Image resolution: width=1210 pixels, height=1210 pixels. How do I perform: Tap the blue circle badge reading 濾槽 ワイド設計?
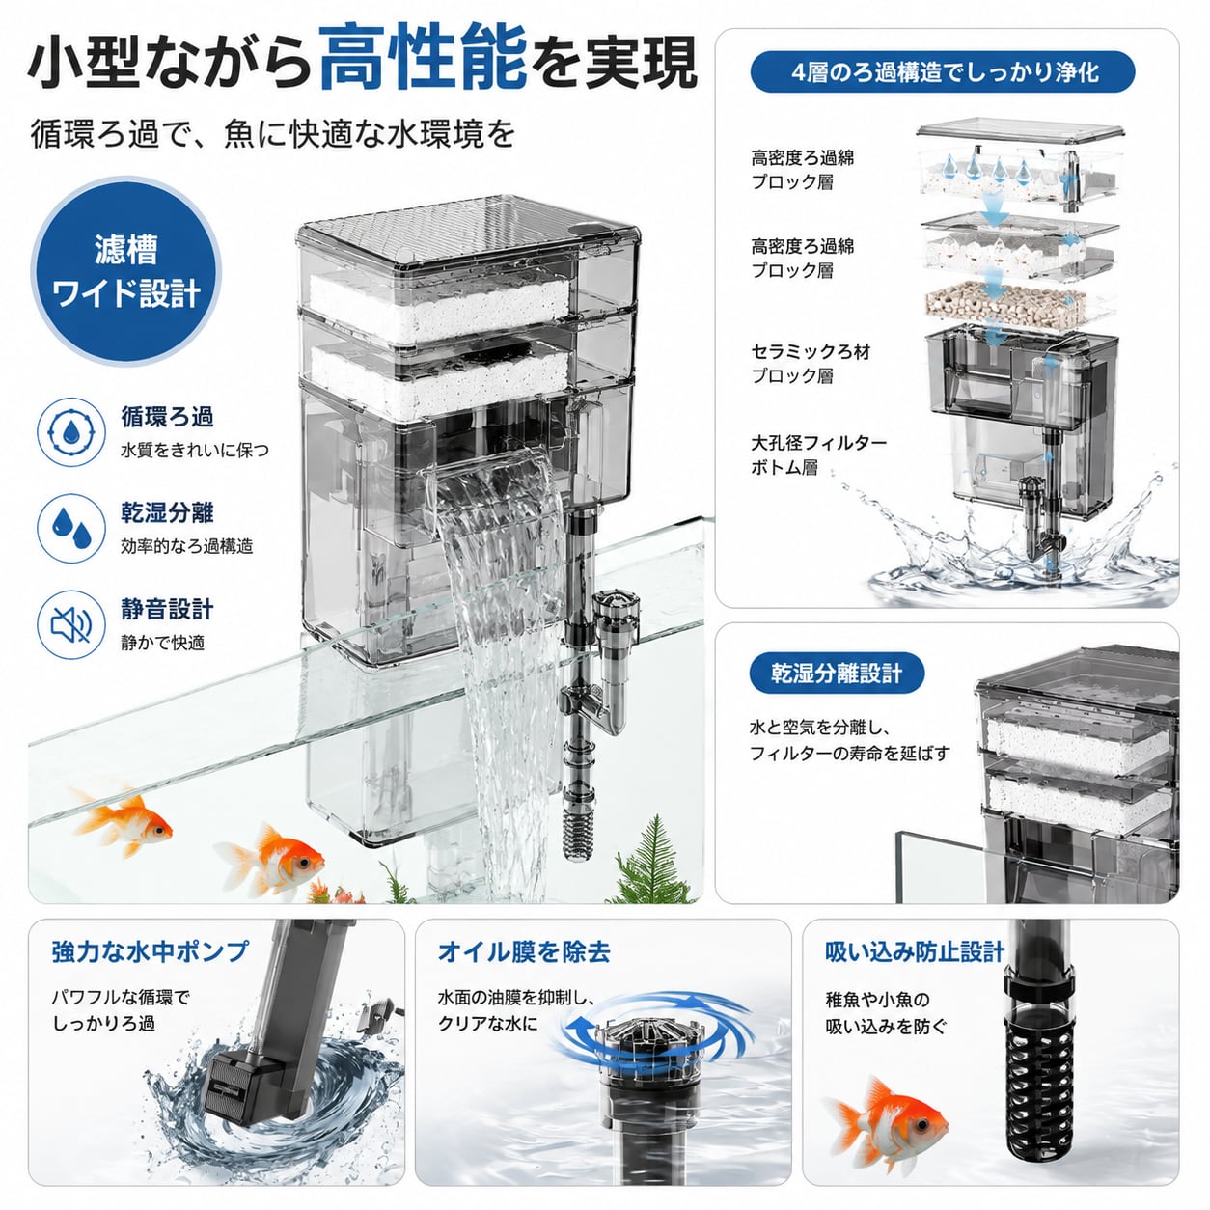pos(126,271)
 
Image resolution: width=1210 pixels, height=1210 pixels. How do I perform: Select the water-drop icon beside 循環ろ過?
pos(71,432)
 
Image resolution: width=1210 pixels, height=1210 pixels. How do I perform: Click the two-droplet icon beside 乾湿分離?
pos(71,528)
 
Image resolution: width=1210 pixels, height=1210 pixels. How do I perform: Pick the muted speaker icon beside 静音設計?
pos(71,624)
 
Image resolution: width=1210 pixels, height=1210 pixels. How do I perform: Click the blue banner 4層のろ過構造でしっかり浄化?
pos(943,72)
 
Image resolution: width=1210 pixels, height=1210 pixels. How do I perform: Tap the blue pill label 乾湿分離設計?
pos(837,674)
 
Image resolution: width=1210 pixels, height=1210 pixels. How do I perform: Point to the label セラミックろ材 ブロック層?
pos(811,364)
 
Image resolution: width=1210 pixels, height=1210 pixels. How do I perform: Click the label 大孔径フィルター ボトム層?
pos(819,455)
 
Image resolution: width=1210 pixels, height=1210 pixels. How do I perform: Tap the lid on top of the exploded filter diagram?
pos(1020,132)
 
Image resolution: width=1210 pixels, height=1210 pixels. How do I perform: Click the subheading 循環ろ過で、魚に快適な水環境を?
pos(272,133)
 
